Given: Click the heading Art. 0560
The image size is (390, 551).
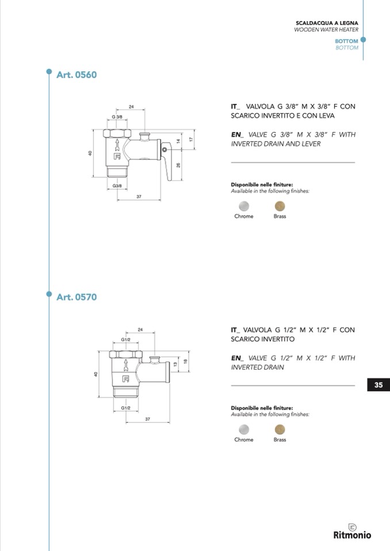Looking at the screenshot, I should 77,75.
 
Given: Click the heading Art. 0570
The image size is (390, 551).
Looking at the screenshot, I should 77,297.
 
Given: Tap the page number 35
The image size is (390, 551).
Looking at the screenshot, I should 378,385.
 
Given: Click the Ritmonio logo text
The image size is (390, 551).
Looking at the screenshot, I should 352,535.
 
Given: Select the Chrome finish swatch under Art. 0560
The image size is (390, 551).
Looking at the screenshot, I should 244,206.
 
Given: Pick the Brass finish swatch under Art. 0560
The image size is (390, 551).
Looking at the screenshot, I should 280,206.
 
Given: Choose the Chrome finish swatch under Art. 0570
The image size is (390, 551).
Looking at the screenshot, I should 244,429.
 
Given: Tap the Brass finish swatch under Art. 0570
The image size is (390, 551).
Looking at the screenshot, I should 280,429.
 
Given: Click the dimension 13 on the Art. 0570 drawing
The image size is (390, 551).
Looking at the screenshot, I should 176,365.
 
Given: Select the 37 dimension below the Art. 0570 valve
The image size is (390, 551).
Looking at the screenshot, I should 147,419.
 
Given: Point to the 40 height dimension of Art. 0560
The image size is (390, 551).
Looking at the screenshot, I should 90,153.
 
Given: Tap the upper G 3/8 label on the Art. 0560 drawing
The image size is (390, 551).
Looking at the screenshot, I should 117,117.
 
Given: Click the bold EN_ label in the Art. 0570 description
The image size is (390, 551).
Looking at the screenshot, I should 237,358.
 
